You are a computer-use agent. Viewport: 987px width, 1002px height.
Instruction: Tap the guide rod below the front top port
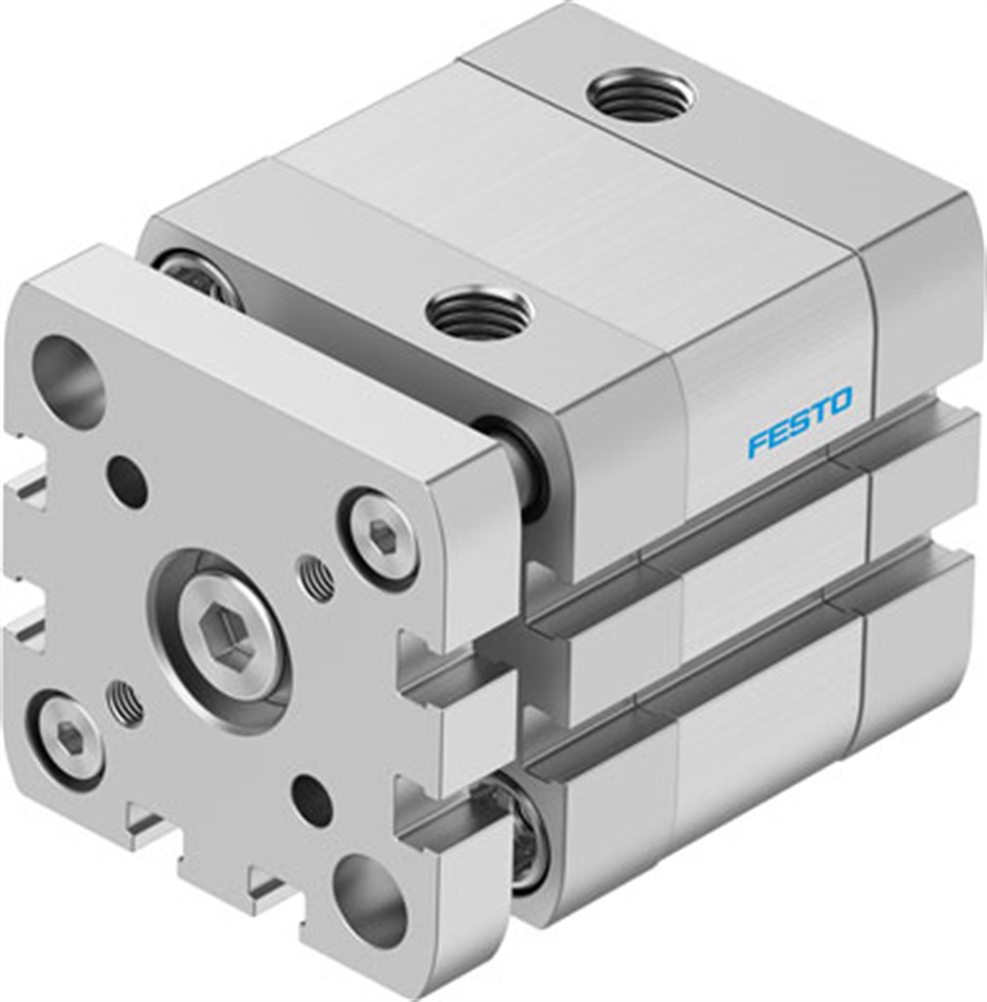pyautogui.click(x=523, y=469)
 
